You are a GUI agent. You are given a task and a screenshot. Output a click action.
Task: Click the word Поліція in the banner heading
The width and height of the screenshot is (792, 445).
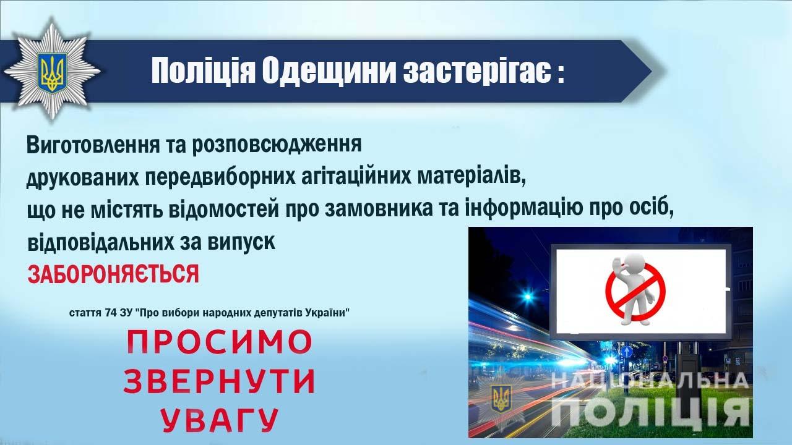pyautogui.click(x=204, y=71)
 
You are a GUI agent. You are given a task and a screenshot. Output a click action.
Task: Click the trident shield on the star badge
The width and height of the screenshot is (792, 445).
pyautogui.click(x=53, y=73)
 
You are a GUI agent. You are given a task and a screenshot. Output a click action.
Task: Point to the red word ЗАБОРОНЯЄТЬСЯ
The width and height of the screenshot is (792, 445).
pyautogui.click(x=113, y=274)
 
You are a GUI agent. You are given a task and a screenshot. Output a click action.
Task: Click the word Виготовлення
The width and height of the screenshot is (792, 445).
pyautogui.click(x=93, y=145)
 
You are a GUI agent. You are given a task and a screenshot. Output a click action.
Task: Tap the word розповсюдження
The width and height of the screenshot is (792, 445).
pyautogui.click(x=277, y=145)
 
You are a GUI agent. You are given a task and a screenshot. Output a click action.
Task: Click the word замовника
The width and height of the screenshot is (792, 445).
pyautogui.click(x=378, y=209)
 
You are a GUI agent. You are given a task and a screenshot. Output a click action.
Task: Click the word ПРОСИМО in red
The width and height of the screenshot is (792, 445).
pyautogui.click(x=219, y=342)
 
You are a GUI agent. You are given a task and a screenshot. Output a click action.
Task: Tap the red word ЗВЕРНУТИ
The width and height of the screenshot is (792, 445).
pyautogui.click(x=219, y=381)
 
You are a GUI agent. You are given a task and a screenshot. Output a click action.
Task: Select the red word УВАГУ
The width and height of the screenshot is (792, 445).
pyautogui.click(x=219, y=420)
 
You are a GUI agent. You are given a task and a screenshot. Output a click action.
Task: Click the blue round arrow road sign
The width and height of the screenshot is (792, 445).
pyautogui.click(x=627, y=352)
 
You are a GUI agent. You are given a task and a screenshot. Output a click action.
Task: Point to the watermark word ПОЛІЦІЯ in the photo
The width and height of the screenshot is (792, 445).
pyautogui.click(x=650, y=412)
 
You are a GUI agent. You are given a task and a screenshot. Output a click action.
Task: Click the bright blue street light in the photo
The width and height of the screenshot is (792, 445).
pyautogui.click(x=528, y=296)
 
